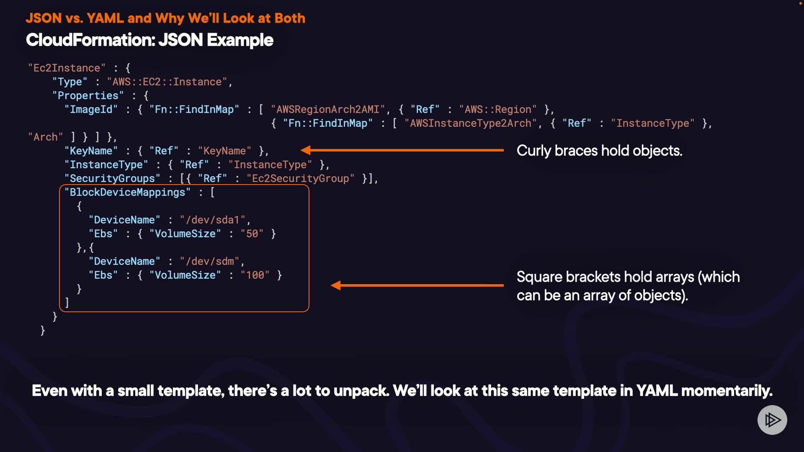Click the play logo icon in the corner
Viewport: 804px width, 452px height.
772,420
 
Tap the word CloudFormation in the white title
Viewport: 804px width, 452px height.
90,40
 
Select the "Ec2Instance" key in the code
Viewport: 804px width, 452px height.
67,68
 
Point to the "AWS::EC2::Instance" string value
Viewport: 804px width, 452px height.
167,82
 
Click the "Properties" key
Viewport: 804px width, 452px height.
88,95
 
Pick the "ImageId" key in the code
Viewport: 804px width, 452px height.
91,109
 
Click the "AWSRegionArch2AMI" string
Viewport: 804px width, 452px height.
328,109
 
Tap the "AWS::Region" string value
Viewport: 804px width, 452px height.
498,109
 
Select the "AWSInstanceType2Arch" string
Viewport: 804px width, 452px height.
471,123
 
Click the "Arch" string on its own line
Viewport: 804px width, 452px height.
45,137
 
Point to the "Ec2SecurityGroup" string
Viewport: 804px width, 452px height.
300,178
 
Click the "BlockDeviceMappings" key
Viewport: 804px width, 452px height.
127,192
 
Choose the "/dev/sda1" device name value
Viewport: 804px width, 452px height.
213,220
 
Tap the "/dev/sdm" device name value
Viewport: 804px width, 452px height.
210,261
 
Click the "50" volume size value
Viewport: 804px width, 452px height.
252,234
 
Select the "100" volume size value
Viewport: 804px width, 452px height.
255,275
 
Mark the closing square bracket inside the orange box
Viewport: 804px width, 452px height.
67,303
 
